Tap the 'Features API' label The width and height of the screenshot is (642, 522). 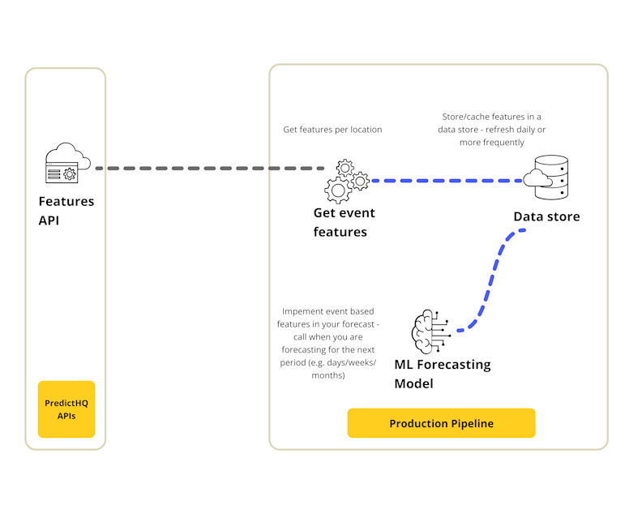click(x=66, y=210)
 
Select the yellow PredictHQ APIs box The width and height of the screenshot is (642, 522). click(x=66, y=409)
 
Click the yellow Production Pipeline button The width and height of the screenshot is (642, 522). click(x=441, y=423)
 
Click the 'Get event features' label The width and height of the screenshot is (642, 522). click(x=345, y=223)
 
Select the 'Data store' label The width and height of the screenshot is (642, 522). click(x=546, y=216)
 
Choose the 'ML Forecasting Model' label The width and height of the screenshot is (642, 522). click(x=442, y=374)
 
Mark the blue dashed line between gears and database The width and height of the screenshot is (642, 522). click(x=446, y=181)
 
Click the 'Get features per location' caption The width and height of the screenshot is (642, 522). click(x=332, y=130)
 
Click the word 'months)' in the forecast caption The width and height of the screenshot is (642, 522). click(x=328, y=376)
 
